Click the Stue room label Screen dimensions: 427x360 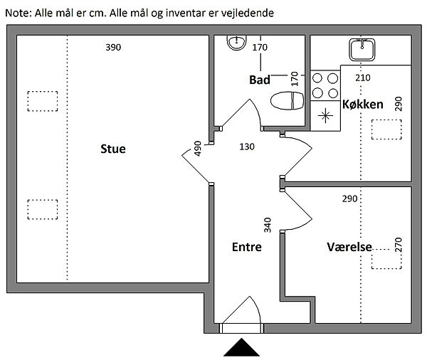[x=113, y=149]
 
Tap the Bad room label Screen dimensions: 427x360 [x=260, y=80]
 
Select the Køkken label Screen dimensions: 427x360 [x=363, y=105]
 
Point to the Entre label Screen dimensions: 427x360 [x=247, y=247]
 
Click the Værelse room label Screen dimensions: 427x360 [x=349, y=247]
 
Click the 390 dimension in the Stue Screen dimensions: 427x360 [x=113, y=48]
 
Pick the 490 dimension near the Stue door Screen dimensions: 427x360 [x=198, y=149]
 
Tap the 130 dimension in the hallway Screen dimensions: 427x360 [x=247, y=147]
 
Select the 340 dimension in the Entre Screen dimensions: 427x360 [x=268, y=225]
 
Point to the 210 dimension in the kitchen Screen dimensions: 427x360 [x=363, y=78]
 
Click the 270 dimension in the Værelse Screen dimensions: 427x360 [x=398, y=245]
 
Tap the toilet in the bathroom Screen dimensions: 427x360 [x=287, y=100]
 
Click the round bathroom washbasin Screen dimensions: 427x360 [x=237, y=43]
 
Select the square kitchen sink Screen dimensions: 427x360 [x=362, y=50]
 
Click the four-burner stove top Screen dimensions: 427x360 [x=325, y=85]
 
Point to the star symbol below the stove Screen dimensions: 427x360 [x=325, y=116]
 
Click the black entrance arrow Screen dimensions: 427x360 [x=241, y=347]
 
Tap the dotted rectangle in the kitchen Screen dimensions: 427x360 [x=386, y=129]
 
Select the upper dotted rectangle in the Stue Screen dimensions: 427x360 [x=43, y=101]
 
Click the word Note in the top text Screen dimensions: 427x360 [x=16, y=13]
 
